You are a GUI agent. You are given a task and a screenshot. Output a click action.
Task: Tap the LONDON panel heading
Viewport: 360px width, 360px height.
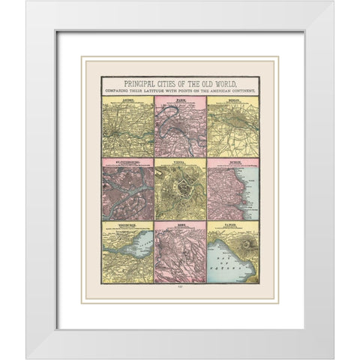[x=127, y=97]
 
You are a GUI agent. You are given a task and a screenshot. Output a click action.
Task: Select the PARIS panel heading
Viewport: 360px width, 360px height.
[x=180, y=97]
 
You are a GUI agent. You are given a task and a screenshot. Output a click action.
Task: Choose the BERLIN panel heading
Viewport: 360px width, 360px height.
[x=232, y=97]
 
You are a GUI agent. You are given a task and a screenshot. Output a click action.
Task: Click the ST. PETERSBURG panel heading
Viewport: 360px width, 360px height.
[x=127, y=160]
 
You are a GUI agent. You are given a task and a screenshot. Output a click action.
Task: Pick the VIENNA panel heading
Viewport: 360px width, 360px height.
[x=180, y=160]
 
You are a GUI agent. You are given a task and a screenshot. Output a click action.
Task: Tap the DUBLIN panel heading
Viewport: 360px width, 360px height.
[x=232, y=160]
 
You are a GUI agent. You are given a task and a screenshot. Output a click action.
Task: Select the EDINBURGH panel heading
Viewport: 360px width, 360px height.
[x=127, y=223]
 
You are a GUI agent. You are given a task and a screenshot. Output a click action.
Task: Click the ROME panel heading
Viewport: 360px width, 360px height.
[x=180, y=223]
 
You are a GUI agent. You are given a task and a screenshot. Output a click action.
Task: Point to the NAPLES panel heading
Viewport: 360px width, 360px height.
[x=232, y=223]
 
